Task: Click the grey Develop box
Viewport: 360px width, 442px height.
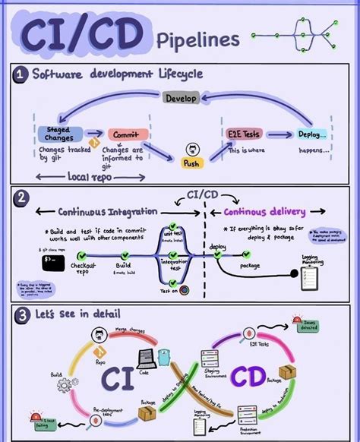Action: point(181,98)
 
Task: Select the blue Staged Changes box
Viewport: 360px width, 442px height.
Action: point(55,134)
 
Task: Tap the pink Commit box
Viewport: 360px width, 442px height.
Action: point(127,135)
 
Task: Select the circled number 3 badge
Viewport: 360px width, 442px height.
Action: point(21,314)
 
